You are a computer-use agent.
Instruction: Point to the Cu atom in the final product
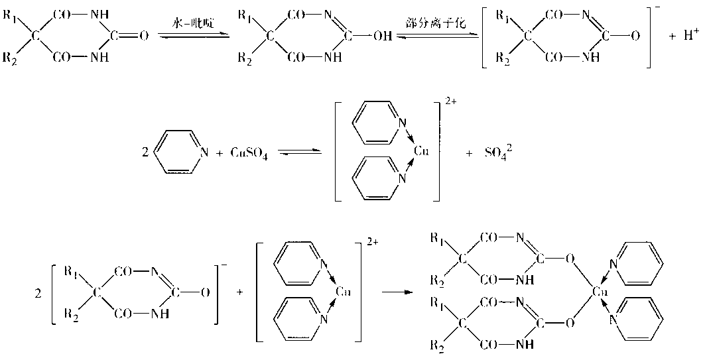coord(598,291)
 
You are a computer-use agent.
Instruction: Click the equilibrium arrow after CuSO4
coord(298,153)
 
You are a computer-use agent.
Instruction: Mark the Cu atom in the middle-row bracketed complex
coord(421,152)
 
